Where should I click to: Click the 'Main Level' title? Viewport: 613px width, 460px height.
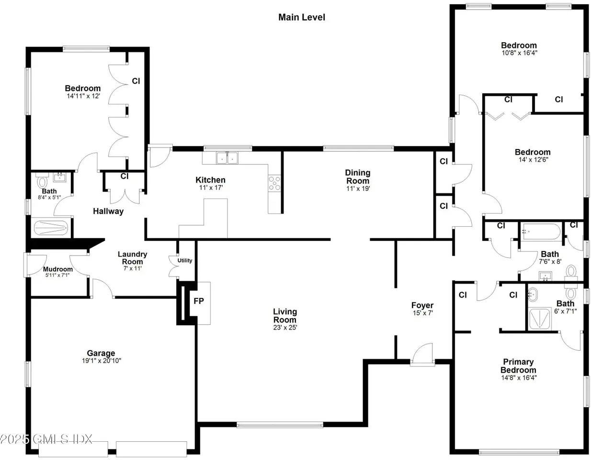pos(302,17)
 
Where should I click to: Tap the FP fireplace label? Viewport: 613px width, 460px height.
pos(199,301)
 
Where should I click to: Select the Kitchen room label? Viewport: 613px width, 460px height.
pos(210,180)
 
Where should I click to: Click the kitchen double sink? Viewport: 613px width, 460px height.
pos(227,158)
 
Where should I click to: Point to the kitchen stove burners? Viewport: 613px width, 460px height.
pos(274,183)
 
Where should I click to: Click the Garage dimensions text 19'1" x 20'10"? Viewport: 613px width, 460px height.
pos(102,360)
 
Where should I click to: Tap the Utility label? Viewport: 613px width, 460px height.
pos(185,261)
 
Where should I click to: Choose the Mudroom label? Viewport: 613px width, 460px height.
pos(58,269)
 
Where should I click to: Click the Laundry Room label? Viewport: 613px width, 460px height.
pos(132,258)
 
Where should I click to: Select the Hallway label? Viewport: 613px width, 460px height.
pos(108,211)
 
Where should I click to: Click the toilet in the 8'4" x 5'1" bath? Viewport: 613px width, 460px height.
pos(42,181)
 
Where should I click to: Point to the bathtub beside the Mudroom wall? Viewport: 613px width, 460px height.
pos(51,228)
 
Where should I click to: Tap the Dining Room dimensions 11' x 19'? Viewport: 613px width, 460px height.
pos(358,188)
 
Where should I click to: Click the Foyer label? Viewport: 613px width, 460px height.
pos(422,305)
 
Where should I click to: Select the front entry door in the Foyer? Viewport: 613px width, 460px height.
pos(422,355)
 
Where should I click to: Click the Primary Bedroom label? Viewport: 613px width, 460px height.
pos(518,366)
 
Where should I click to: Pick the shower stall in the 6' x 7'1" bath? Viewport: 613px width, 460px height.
pos(540,319)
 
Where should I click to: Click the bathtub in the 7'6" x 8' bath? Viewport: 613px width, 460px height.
pos(542,231)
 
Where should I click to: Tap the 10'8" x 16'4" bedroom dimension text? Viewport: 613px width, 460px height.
pos(520,53)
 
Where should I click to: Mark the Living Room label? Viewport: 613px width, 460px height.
pos(285,316)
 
